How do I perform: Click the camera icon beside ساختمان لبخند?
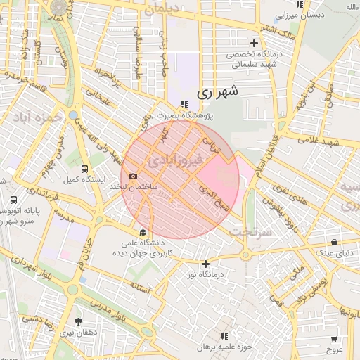point(133,176)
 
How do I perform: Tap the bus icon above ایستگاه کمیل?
point(85,169)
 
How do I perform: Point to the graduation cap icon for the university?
point(143,233)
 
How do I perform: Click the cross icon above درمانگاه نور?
point(205,264)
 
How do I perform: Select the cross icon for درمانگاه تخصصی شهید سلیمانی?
point(254,44)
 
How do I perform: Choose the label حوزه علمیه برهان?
point(224,347)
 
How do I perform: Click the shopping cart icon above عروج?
point(333,336)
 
